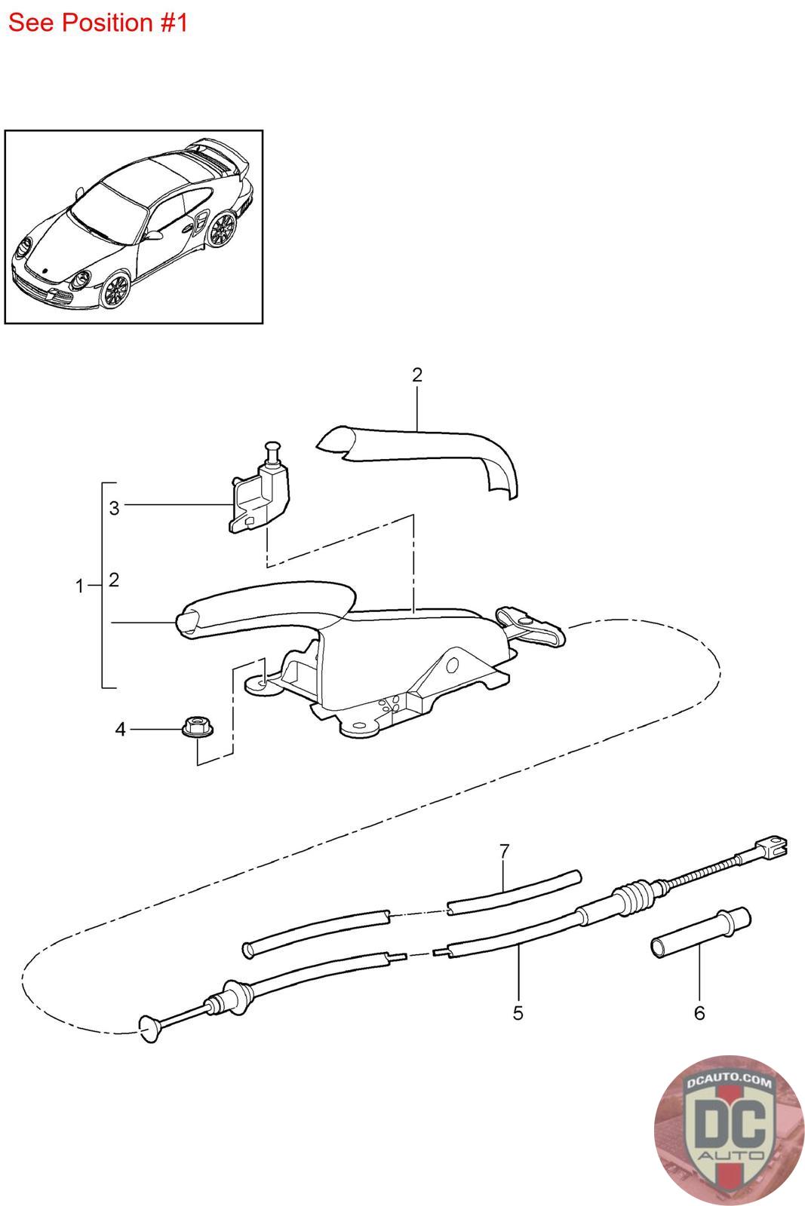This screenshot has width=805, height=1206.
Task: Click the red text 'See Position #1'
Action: point(97,23)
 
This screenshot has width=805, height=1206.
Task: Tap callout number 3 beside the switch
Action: point(114,508)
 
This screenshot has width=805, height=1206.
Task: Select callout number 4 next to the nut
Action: point(120,729)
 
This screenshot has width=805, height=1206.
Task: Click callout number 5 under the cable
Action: point(518,1012)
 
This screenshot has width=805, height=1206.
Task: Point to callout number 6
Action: point(699,1013)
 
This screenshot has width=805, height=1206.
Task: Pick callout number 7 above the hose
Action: point(505,851)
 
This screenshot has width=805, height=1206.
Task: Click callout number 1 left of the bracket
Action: point(80,586)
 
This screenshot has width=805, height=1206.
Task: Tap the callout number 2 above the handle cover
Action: point(417,375)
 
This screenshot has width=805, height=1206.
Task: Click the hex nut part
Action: point(195,728)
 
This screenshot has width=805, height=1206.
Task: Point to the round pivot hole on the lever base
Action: point(452,664)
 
